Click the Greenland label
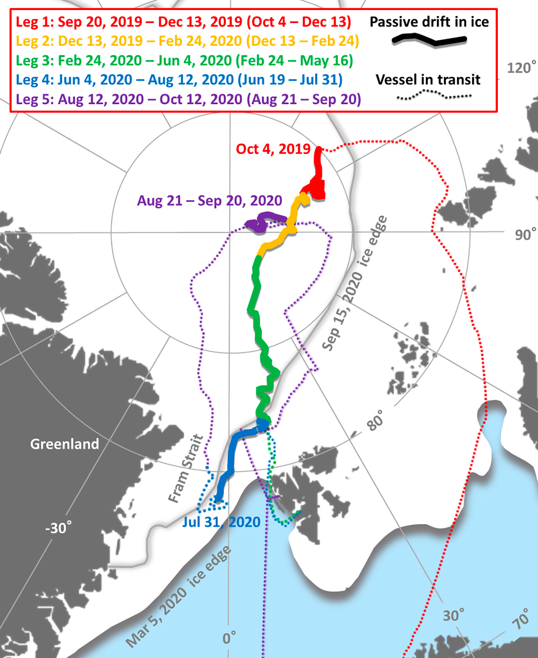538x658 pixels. [x=65, y=444]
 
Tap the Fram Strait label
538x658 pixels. [x=186, y=468]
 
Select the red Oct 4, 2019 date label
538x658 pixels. [x=273, y=149]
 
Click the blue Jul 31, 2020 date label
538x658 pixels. [x=221, y=522]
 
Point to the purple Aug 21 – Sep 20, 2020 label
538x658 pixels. [x=209, y=201]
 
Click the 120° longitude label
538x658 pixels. [x=521, y=67]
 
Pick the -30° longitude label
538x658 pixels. [x=58, y=528]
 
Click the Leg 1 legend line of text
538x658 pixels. [x=183, y=22]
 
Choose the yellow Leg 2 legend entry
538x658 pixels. [x=187, y=41]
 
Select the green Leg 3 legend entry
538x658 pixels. [x=184, y=60]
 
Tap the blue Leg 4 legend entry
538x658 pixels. [x=179, y=80]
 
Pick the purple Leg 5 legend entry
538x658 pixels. [x=188, y=99]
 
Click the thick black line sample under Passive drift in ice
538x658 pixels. [x=429, y=40]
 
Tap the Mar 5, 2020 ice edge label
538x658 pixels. [x=178, y=597]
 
